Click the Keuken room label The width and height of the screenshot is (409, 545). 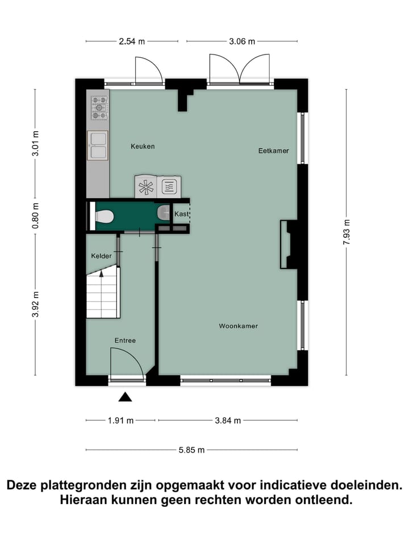pos(143,146)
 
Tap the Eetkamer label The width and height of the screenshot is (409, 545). pos(273,151)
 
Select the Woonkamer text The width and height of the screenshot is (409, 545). pos(239,326)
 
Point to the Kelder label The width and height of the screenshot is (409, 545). pos(102,257)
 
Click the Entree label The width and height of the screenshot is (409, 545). pos(125,341)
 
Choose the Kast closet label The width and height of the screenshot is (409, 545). pos(181,214)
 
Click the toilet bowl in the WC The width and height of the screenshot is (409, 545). pos(105,216)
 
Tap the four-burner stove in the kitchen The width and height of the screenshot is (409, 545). pos(99,107)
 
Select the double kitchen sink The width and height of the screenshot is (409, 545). pos(97,144)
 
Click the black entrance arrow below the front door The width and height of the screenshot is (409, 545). pos(125,397)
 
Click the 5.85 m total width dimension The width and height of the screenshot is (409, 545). pos(191,450)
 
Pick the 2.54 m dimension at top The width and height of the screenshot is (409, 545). pos(131,41)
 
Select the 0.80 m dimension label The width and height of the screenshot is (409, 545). pos(35,215)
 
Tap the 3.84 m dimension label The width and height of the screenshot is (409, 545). pos(228,421)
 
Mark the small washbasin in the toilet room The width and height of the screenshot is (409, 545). pos(163,212)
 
